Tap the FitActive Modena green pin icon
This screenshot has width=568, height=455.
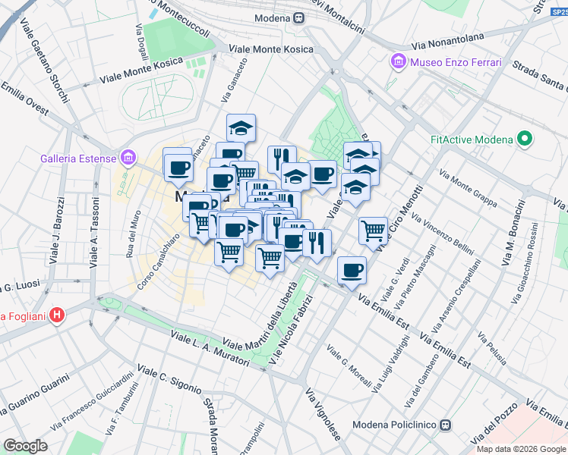(x=523, y=139)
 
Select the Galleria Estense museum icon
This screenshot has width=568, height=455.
(x=128, y=158)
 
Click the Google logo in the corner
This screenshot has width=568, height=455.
(x=25, y=446)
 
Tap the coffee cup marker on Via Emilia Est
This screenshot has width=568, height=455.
(x=351, y=271)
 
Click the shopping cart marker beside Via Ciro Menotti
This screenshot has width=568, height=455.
(x=373, y=230)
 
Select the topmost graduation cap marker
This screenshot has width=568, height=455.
(x=241, y=127)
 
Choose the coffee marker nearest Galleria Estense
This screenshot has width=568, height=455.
(x=178, y=168)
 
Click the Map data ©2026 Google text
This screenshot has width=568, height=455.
(x=521, y=448)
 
